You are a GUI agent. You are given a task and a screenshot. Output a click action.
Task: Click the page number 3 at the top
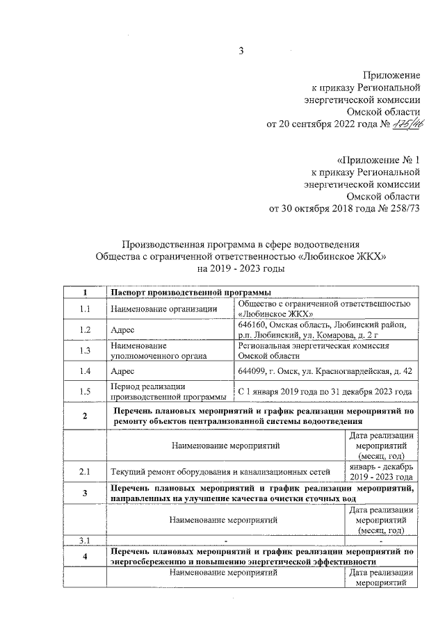point(241,49)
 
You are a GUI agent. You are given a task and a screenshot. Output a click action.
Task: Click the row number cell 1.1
point(85,309)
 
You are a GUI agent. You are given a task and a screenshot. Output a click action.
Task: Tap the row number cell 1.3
point(85,350)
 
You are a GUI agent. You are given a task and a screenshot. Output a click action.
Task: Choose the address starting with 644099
point(325,371)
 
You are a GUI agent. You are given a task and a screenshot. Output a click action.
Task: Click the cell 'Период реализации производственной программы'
point(168,391)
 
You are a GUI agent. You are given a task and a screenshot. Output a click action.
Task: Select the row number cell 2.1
point(85,472)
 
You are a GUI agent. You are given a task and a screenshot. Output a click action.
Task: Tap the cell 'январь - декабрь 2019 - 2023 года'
point(382,472)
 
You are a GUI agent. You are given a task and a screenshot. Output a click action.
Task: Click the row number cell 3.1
point(85,539)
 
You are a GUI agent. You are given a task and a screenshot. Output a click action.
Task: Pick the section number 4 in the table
point(85,557)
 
